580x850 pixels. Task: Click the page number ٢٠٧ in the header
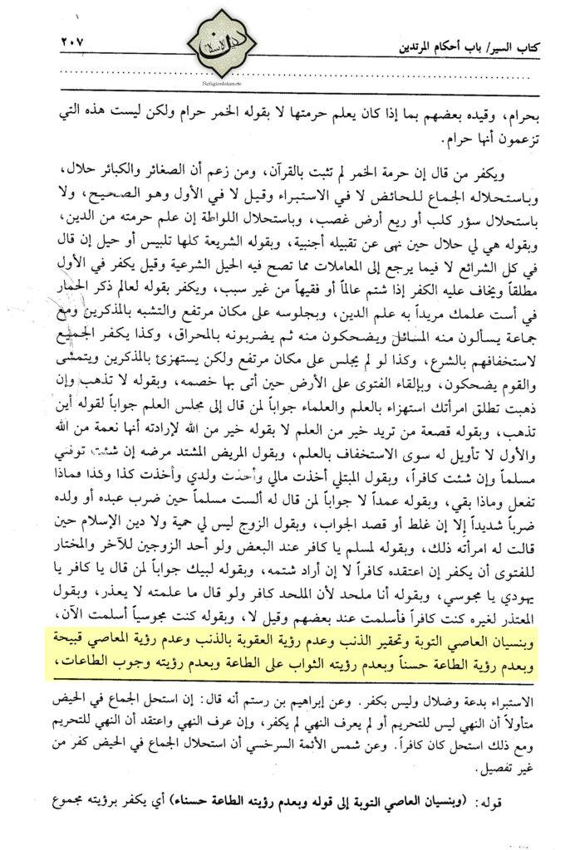click(73, 42)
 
